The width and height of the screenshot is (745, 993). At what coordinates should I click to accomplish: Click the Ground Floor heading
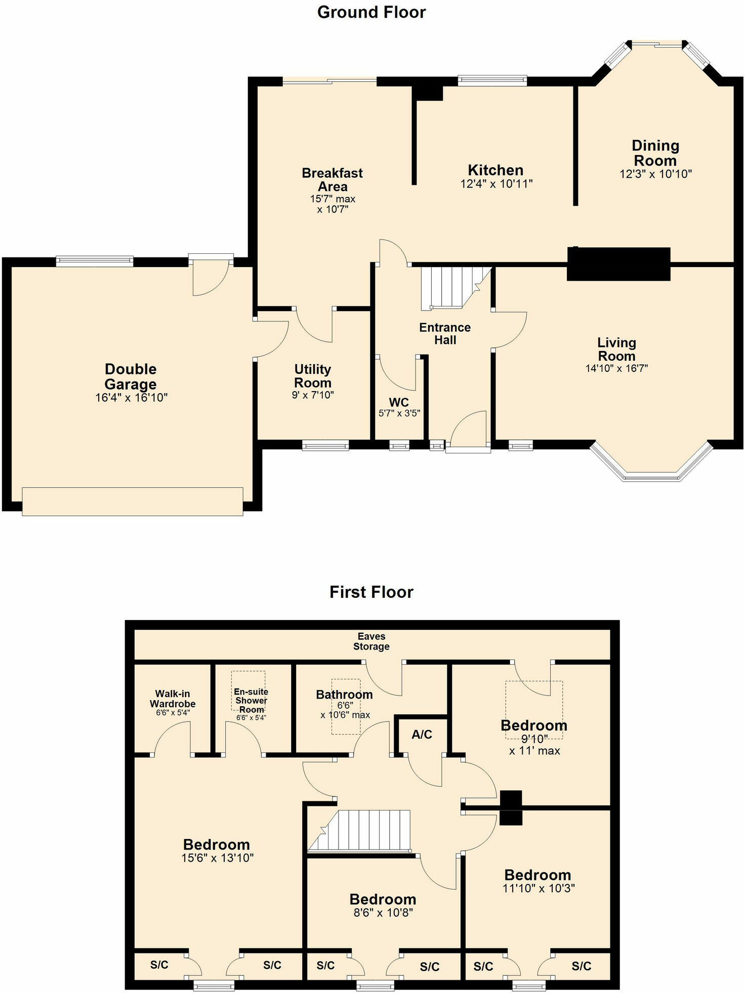pos(371,12)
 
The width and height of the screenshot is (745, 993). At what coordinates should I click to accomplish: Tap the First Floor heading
pos(371,592)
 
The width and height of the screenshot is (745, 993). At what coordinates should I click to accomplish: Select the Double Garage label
pos(131,376)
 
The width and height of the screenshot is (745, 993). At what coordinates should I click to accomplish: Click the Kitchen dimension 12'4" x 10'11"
pos(496,184)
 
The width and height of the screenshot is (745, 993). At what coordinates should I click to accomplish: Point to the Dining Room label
pos(655,153)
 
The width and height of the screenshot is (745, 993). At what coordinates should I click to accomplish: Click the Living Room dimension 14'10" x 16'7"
pos(616,368)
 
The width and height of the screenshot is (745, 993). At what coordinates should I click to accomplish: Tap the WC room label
pos(399,403)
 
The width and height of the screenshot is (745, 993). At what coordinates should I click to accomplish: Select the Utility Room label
pos(313,376)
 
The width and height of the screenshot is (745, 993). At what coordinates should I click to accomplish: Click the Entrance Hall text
pos(445,334)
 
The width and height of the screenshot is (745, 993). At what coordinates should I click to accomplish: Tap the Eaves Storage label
pos(371,641)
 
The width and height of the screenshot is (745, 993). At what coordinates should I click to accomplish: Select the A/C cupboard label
pos(422,735)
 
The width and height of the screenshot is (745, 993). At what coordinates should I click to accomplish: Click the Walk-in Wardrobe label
pos(173,699)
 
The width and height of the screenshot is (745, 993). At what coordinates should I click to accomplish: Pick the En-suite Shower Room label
pos(251,700)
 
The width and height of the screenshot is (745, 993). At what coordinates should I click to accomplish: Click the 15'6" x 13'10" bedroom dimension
pos(217,858)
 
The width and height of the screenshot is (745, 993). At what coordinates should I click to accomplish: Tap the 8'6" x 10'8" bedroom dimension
pos(383,912)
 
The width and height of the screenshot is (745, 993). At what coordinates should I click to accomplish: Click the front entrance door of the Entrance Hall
pos(468,431)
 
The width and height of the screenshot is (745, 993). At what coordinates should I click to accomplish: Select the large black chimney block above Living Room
pos(618,264)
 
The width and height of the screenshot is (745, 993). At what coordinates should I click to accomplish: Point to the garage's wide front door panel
pos(133,502)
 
